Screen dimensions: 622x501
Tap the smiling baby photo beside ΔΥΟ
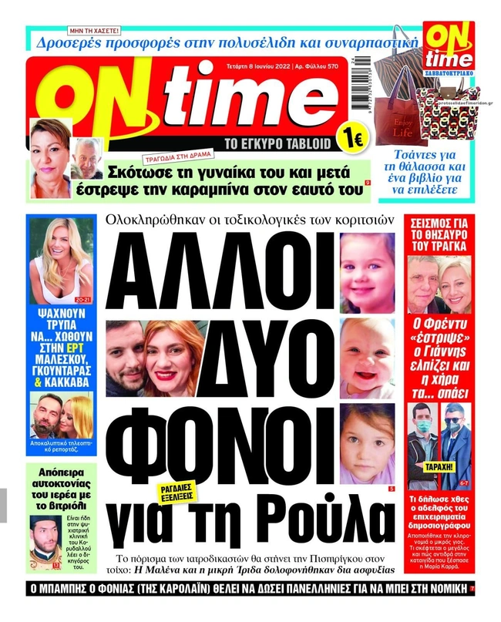pos(368,348)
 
